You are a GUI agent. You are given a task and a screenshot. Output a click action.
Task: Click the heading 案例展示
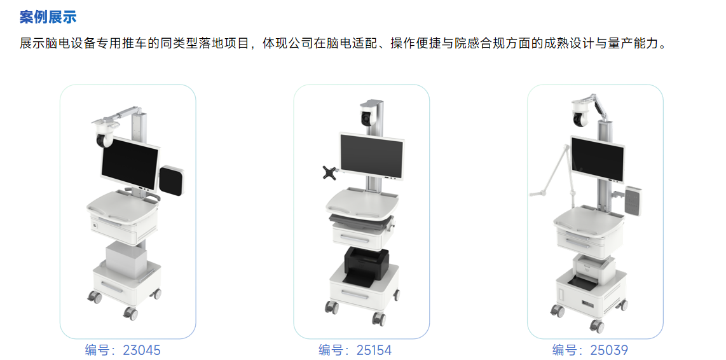coord(48,17)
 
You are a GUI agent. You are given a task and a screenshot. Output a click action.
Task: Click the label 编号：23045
coord(123,350)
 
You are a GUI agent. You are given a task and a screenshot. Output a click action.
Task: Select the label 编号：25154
coord(355,350)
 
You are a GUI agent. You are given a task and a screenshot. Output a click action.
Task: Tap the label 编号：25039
coord(591,350)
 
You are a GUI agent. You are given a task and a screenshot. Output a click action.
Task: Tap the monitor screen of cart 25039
coord(598,158)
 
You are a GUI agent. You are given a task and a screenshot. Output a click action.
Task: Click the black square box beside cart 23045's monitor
coord(173,181)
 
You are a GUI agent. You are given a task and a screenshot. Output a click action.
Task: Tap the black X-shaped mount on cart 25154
coord(330,172)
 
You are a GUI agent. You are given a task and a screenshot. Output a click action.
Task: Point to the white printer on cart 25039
coord(594,267)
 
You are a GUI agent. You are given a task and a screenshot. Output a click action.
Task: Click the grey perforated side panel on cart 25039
coord(633,200)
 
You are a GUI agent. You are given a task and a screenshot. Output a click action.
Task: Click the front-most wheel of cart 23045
coord(130,313)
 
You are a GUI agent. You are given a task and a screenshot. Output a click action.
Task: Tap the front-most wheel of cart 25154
coord(379,317)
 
